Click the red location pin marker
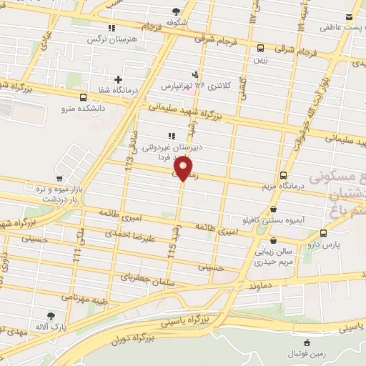184,169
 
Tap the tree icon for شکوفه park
177,11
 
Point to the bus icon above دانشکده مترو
84,97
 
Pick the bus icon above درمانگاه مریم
284,175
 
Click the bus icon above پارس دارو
324,233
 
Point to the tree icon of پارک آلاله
50,316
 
